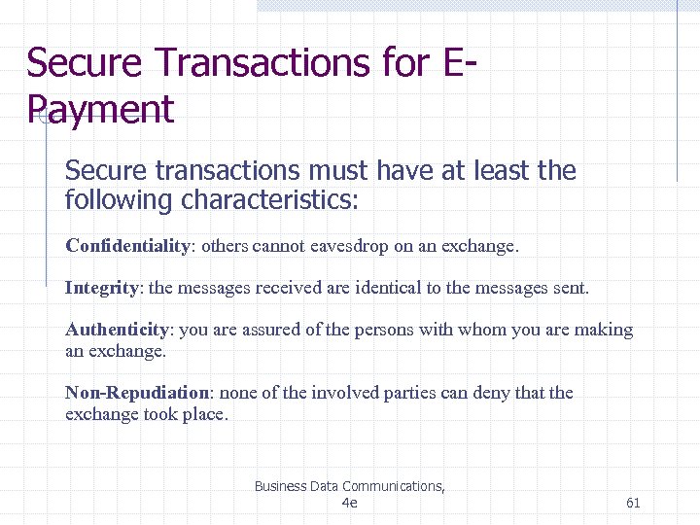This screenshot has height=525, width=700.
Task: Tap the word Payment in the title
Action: (101, 109)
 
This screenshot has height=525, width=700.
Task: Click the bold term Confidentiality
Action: (127, 246)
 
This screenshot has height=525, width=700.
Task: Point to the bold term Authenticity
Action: (117, 330)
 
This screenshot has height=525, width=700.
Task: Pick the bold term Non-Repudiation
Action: (137, 393)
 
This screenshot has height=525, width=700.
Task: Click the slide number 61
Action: (633, 503)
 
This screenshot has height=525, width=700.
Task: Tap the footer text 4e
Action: (350, 503)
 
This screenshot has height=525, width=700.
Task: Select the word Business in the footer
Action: (280, 486)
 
